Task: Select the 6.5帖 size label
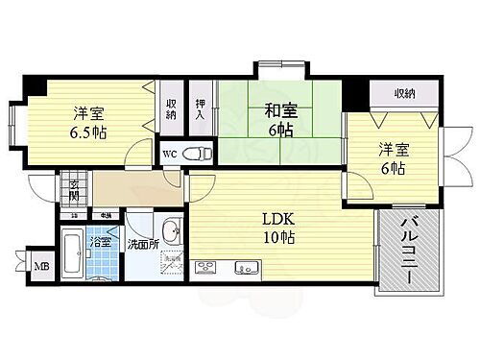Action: (x=88, y=133)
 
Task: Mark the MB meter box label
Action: (x=41, y=266)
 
